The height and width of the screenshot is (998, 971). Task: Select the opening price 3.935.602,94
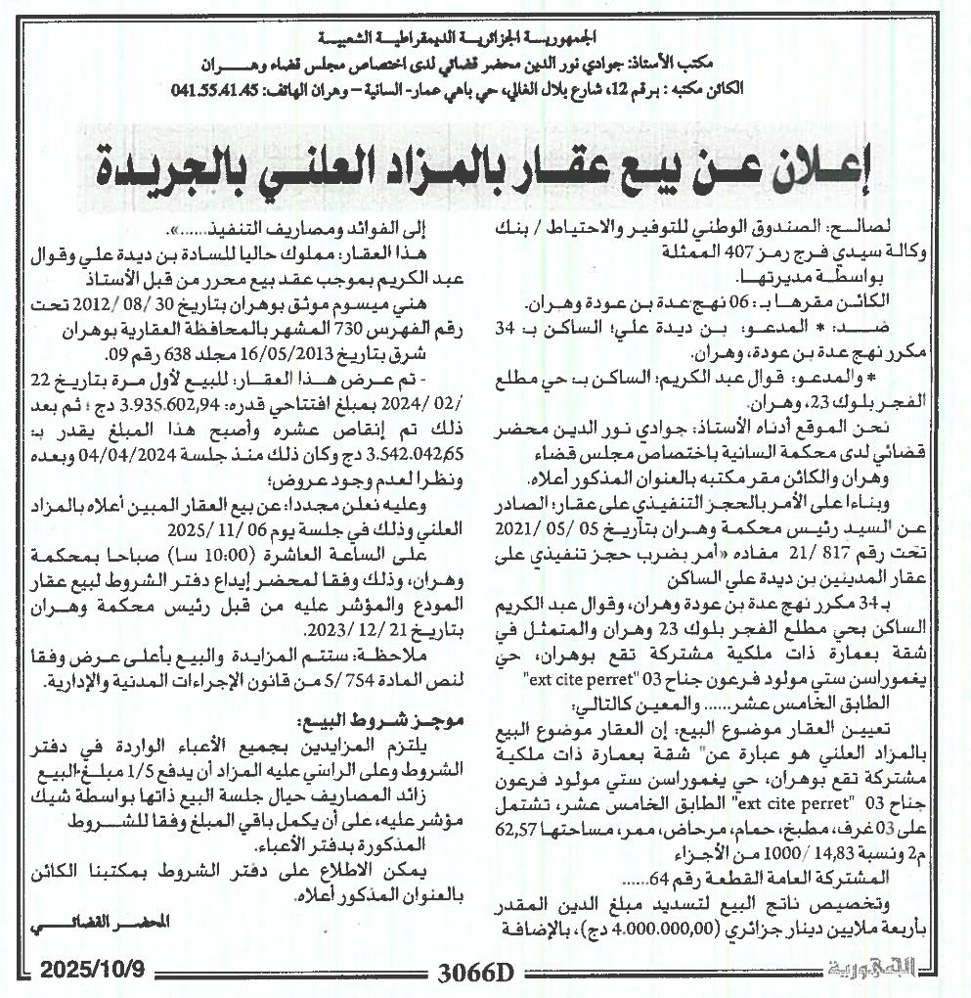tap(303, 406)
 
